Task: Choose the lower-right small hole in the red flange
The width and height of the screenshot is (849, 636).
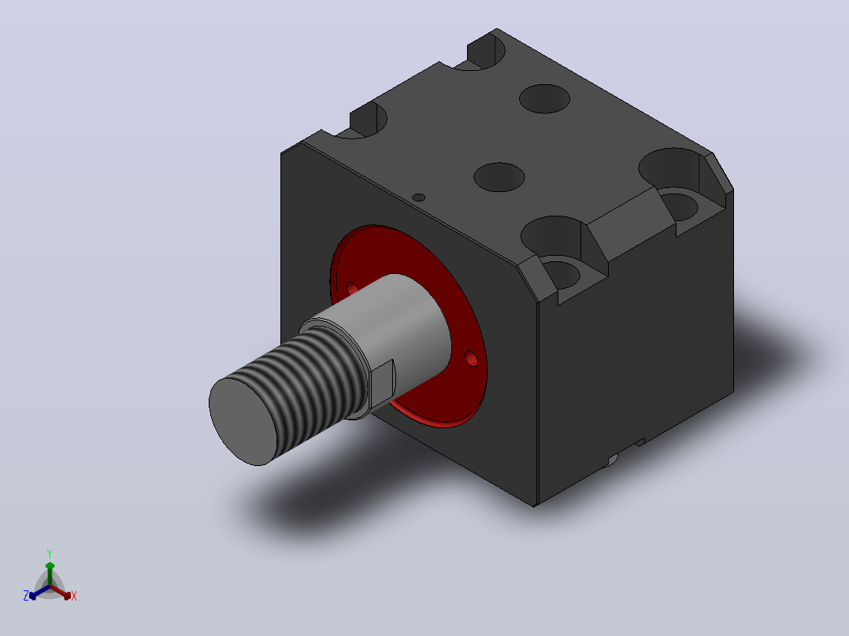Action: tap(471, 358)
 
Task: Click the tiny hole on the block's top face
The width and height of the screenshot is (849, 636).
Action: tap(418, 198)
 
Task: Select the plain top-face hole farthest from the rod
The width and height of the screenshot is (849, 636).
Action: tap(545, 99)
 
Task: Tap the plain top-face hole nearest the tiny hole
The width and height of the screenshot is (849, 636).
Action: tap(499, 177)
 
